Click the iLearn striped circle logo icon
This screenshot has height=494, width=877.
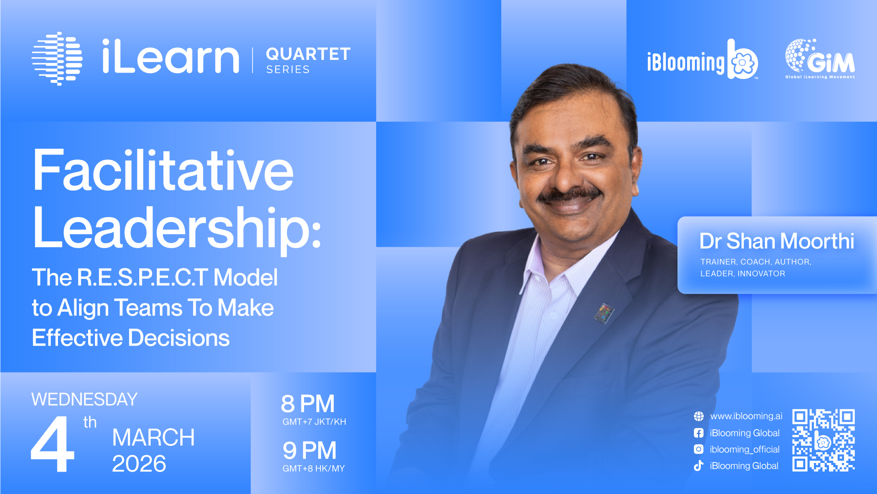pyautogui.click(x=57, y=58)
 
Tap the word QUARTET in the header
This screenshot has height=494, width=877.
pyautogui.click(x=308, y=54)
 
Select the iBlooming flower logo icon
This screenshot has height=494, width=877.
pyautogui.click(x=743, y=59)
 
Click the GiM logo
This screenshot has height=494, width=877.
pyautogui.click(x=820, y=59)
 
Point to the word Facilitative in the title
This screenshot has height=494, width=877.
pyautogui.click(x=163, y=171)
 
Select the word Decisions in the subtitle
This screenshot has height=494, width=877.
pyautogui.click(x=179, y=338)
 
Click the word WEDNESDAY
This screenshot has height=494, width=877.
pyautogui.click(x=84, y=399)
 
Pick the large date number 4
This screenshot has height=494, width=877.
pyautogui.click(x=53, y=444)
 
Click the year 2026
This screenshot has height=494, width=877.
pyautogui.click(x=139, y=464)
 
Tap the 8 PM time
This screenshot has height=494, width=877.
pyautogui.click(x=308, y=404)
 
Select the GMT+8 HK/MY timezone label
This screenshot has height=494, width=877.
pyautogui.click(x=314, y=468)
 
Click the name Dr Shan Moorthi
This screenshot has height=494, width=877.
pyautogui.click(x=777, y=241)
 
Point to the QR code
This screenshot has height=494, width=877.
pyautogui.click(x=824, y=440)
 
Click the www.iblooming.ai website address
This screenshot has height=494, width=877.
pyautogui.click(x=746, y=416)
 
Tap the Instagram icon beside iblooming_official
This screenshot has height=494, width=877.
pyautogui.click(x=698, y=449)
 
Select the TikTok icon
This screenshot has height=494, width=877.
pyautogui.click(x=698, y=466)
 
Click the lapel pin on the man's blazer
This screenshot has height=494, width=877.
pyautogui.click(x=604, y=313)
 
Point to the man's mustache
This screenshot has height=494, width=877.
pyautogui.click(x=569, y=194)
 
